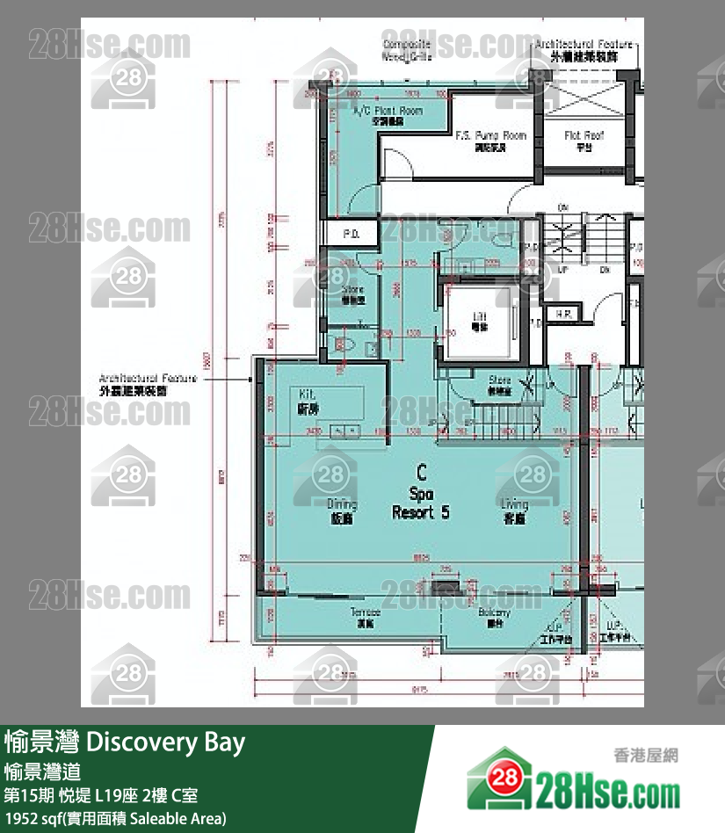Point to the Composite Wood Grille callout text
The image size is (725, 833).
[406, 49]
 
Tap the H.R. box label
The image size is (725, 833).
[559, 314]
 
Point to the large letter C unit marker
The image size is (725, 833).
[422, 473]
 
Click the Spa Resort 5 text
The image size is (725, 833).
[421, 503]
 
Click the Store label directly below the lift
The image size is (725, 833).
[499, 384]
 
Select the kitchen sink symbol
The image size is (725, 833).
[344, 430]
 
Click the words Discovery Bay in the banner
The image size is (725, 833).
[165, 742]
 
